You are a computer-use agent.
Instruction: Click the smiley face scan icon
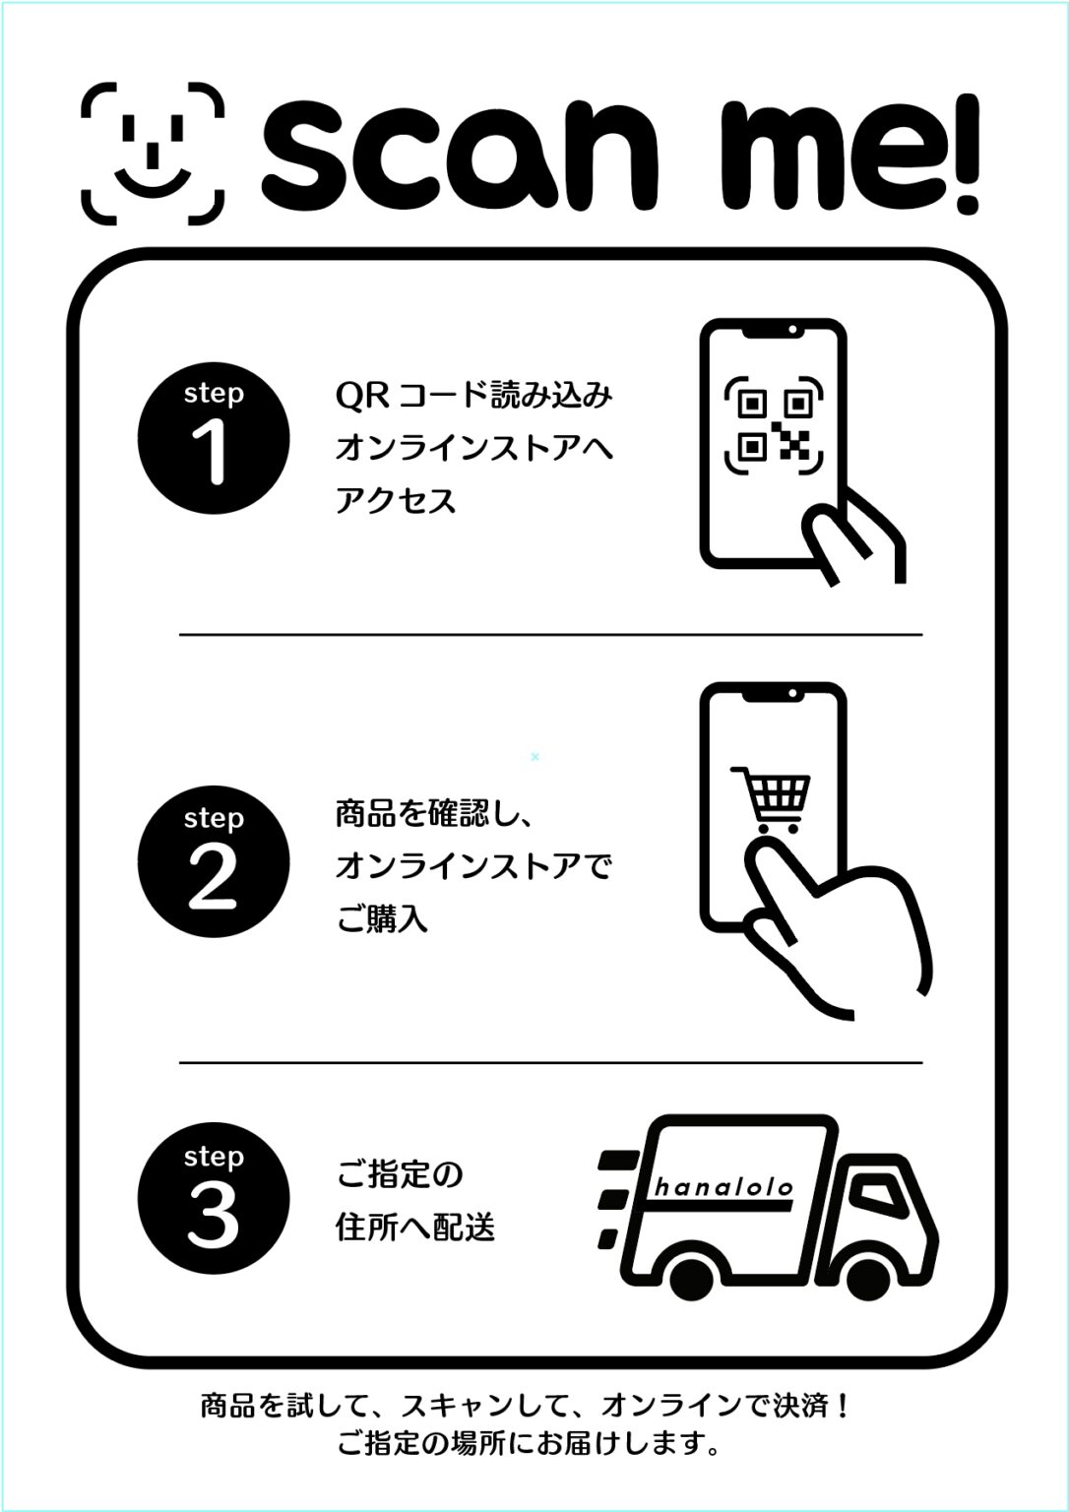point(152,152)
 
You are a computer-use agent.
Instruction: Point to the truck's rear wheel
point(695,1276)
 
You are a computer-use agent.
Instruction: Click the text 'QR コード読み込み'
point(473,396)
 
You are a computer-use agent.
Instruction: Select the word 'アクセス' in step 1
point(396,501)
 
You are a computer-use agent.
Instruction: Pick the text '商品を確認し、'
point(434,814)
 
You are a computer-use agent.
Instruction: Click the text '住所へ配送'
point(414,1228)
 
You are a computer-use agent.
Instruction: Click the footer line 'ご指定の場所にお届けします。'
point(527,1445)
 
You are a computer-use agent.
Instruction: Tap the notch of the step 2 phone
point(773,695)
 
